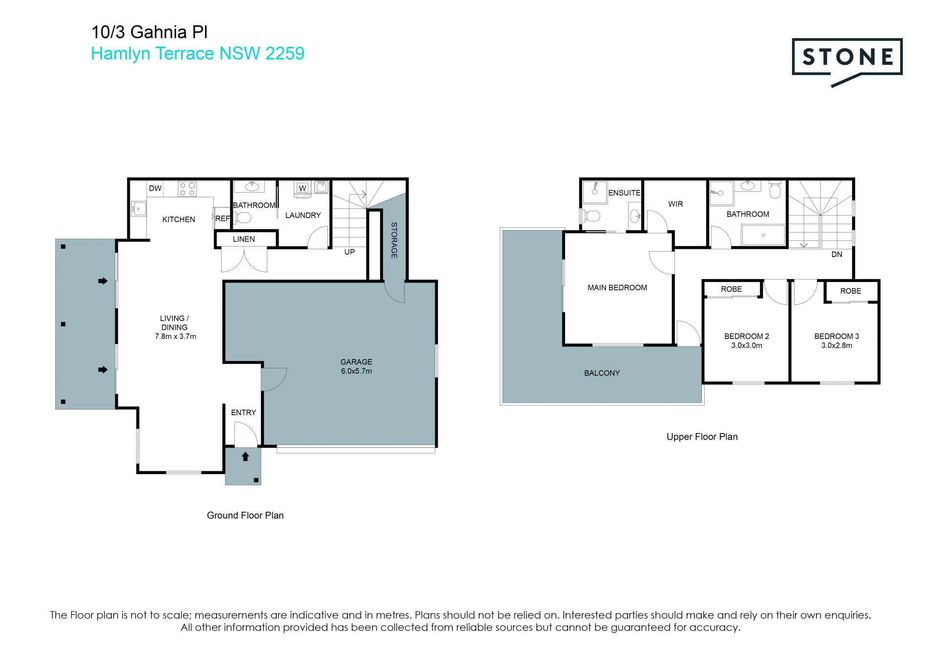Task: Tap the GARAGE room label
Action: [356, 362]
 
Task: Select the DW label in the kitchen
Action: [155, 188]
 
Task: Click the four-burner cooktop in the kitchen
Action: [187, 189]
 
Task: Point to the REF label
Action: [222, 219]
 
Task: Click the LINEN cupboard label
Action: [244, 239]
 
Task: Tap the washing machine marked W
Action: [303, 188]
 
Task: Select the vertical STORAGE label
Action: [394, 240]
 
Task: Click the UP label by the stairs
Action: [349, 252]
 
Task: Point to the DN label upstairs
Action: [836, 255]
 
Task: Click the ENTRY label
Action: [244, 413]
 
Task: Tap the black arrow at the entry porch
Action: [245, 457]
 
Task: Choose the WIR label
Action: [675, 204]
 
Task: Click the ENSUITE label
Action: [624, 193]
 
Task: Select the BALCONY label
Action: [602, 373]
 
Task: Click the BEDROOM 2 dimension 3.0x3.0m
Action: [747, 345]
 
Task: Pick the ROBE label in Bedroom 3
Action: [851, 291]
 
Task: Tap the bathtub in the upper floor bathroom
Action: [763, 235]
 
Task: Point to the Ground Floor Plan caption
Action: [245, 516]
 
